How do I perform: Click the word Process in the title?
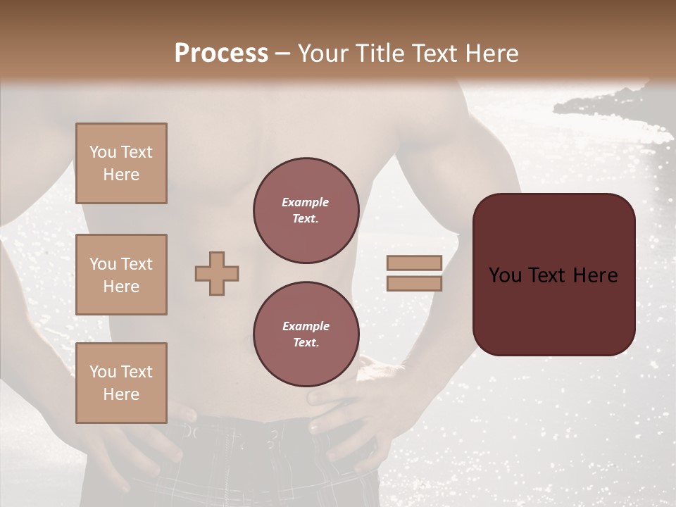221,54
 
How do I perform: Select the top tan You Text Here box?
121,163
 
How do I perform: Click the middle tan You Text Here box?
121,275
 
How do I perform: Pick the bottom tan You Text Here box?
121,383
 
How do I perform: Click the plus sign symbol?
217,273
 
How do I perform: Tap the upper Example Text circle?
306,211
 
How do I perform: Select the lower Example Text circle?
306,334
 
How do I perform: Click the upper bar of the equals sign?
414,263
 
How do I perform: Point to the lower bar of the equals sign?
414,283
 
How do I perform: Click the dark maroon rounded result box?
553,275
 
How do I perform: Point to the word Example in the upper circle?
306,203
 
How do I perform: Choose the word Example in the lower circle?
306,327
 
